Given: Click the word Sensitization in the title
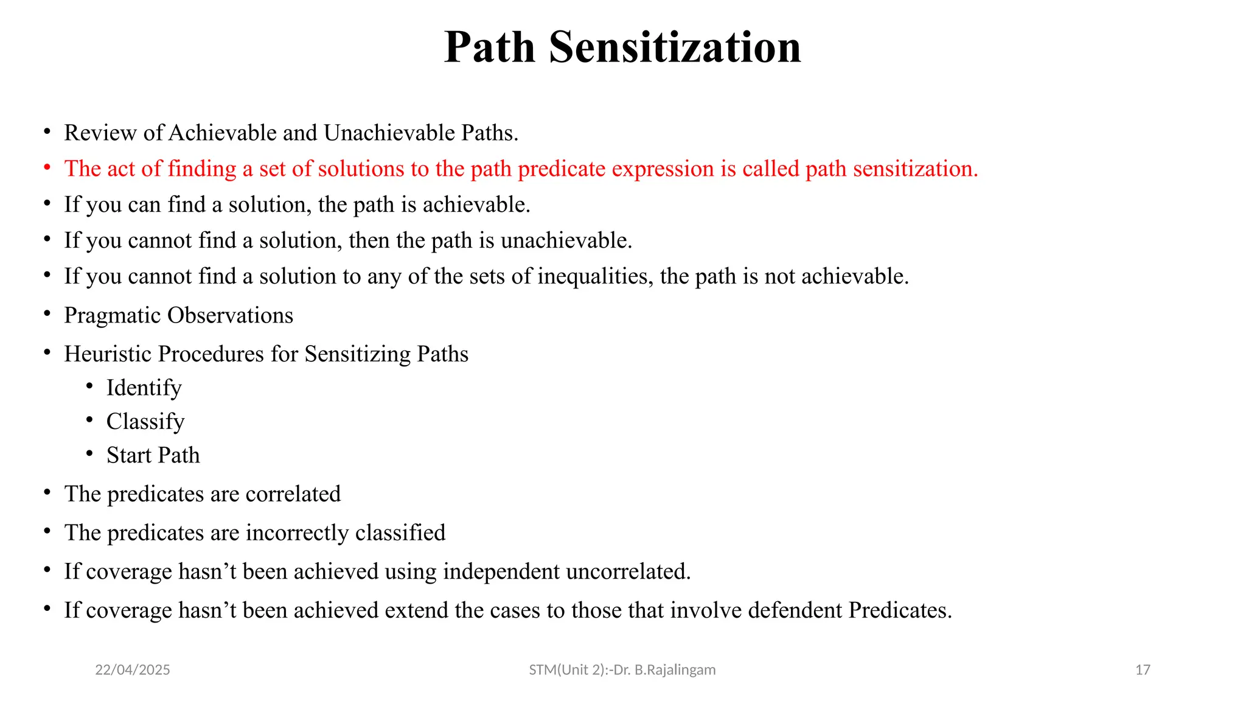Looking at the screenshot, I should click(675, 47).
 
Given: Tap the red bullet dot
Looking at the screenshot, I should click(47, 167).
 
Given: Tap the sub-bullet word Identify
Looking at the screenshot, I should click(144, 388).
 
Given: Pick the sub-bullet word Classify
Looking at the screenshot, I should click(145, 422).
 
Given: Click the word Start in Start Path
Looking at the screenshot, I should click(128, 455).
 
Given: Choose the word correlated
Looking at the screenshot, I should click(293, 494).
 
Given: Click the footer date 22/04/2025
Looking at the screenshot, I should click(133, 670).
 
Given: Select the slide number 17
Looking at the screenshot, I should click(1143, 670).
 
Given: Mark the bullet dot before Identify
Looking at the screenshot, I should click(89, 386).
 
